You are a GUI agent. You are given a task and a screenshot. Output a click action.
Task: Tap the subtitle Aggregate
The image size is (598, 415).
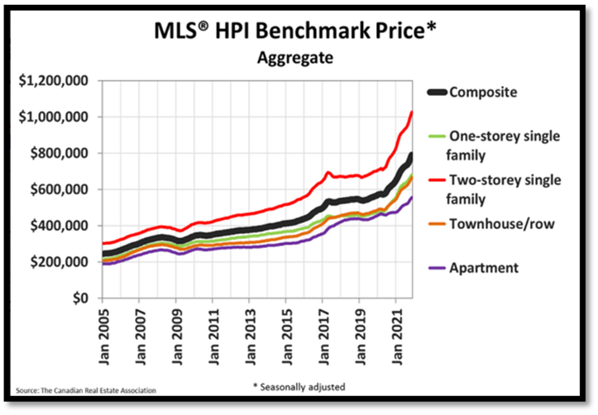click(294, 59)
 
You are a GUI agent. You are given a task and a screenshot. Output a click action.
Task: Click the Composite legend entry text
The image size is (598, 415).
click(483, 92)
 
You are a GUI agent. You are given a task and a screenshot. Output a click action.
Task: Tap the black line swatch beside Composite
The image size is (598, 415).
click(435, 92)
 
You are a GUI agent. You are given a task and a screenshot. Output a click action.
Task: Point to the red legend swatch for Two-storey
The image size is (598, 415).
click(435, 179)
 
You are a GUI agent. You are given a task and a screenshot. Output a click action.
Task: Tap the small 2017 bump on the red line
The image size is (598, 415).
click(328, 173)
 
